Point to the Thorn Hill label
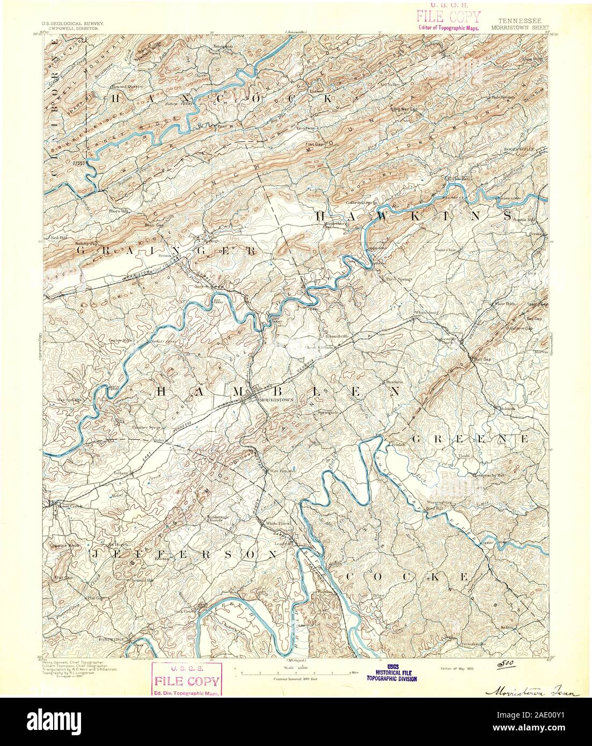(116, 211)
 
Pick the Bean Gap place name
(138, 225)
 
